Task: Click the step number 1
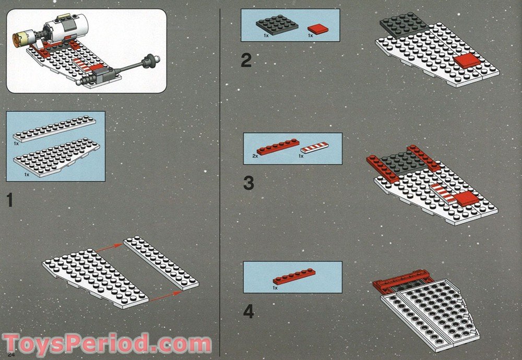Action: (x=9, y=200)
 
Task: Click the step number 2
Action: (x=246, y=61)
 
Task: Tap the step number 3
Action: (x=248, y=183)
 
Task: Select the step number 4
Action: (x=248, y=312)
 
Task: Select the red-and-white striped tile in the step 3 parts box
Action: (x=314, y=148)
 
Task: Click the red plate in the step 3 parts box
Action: (x=277, y=147)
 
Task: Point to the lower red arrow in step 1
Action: (x=163, y=297)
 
